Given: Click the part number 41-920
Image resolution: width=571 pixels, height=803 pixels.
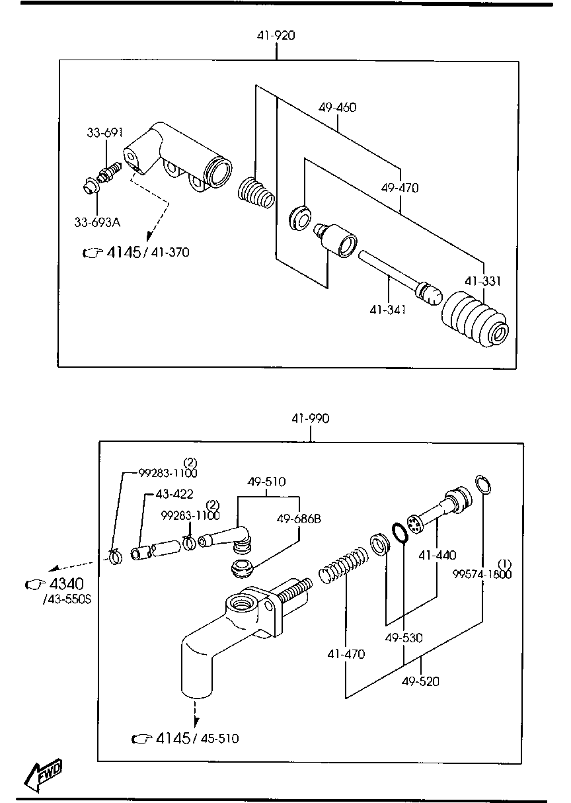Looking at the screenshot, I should (x=276, y=36).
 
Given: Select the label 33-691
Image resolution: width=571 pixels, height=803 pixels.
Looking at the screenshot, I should (x=104, y=133).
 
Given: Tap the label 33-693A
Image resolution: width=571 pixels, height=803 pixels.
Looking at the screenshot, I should (x=97, y=222).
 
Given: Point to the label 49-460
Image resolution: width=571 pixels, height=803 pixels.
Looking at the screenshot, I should (x=337, y=107).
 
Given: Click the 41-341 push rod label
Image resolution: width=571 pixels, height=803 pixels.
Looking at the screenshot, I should (x=387, y=308).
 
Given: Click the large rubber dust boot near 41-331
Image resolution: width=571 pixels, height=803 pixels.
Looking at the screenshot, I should (x=475, y=321).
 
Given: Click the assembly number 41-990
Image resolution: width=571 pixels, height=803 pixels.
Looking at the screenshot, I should (x=310, y=418).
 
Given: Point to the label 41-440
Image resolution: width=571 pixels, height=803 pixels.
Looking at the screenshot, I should (x=437, y=555).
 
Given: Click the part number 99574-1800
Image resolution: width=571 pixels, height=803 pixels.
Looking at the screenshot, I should (x=482, y=573).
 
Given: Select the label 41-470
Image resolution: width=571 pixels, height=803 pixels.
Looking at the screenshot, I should (x=346, y=654).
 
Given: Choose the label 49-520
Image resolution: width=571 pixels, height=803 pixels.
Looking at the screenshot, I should (x=420, y=681).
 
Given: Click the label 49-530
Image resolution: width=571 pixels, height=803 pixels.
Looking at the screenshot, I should (x=404, y=638).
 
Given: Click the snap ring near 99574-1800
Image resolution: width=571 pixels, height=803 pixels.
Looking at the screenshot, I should (x=483, y=484).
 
